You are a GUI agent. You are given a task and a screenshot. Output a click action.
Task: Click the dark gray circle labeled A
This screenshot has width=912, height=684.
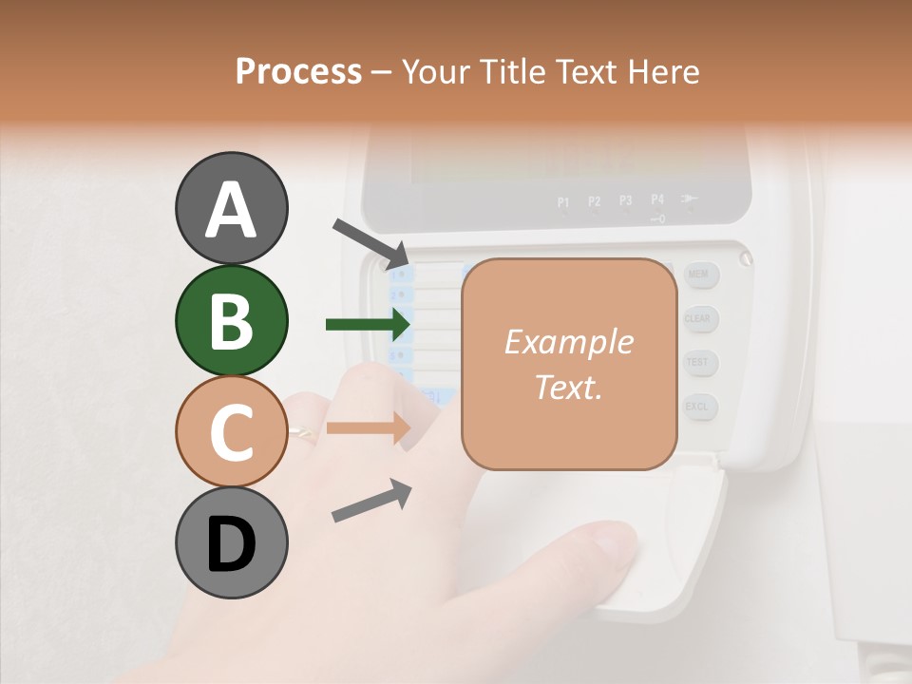click(x=231, y=209)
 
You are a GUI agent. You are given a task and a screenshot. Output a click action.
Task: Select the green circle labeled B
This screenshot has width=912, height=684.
click(x=231, y=320)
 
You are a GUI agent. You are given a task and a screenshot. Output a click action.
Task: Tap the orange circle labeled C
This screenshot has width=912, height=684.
click(x=231, y=431)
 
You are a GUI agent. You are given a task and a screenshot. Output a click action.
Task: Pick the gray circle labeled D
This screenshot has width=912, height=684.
click(x=231, y=543)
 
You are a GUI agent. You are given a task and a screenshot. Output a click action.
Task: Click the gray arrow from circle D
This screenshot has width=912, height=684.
click(x=371, y=501)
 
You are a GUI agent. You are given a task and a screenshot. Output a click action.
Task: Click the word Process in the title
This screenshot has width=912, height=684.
click(x=298, y=72)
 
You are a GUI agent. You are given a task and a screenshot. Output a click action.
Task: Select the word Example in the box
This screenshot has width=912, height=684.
click(x=568, y=342)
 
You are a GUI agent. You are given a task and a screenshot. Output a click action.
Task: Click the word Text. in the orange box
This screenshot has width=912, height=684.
click(x=568, y=387)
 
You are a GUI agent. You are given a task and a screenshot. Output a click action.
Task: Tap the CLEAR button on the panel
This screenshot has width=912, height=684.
click(x=698, y=319)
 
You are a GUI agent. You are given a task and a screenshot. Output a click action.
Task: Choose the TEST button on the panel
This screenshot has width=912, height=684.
click(x=698, y=362)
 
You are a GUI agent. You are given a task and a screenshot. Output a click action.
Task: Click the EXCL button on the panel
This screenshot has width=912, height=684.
click(x=698, y=407)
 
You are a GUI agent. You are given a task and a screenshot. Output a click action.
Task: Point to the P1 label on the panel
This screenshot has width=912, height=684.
click(x=563, y=201)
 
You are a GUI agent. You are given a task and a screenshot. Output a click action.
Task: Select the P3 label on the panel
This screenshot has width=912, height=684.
click(x=626, y=201)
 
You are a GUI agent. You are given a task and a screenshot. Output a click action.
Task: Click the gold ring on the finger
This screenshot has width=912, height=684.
click(x=302, y=432)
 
